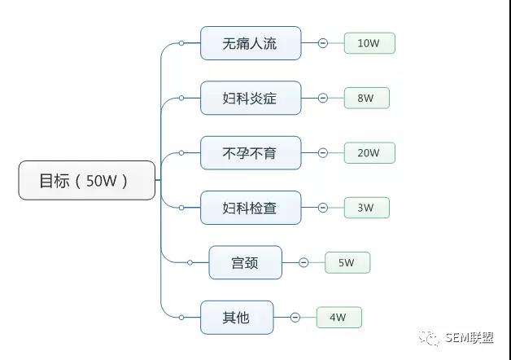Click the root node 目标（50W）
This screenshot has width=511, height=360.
pyautogui.click(x=86, y=180)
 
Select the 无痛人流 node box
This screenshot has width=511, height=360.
pyautogui.click(x=251, y=43)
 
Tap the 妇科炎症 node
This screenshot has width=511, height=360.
pyautogui.click(x=251, y=98)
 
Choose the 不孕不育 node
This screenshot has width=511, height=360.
pyautogui.click(x=251, y=152)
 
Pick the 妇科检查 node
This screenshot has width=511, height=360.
pyautogui.click(x=251, y=208)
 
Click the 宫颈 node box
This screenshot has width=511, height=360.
pyautogui.click(x=245, y=262)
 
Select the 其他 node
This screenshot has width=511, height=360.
pyautogui.click(x=237, y=317)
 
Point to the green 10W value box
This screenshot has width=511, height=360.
pyautogui.click(x=369, y=43)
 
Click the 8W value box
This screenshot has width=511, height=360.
pyautogui.click(x=366, y=98)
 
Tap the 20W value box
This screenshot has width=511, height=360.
pyautogui.click(x=369, y=152)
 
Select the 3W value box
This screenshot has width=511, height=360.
pyautogui.click(x=366, y=208)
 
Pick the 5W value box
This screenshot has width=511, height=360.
pyautogui.click(x=347, y=262)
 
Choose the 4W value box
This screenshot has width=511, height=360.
pyautogui.click(x=338, y=317)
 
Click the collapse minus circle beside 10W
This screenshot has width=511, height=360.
pyautogui.click(x=323, y=43)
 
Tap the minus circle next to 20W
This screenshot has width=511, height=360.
pyautogui.click(x=323, y=152)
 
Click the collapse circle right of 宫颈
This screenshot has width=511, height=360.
pyautogui.click(x=304, y=262)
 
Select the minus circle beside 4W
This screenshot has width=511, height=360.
pyautogui.click(x=295, y=317)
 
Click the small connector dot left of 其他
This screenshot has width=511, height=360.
pyautogui.click(x=181, y=317)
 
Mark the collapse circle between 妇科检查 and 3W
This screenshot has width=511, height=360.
pyautogui.click(x=323, y=208)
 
